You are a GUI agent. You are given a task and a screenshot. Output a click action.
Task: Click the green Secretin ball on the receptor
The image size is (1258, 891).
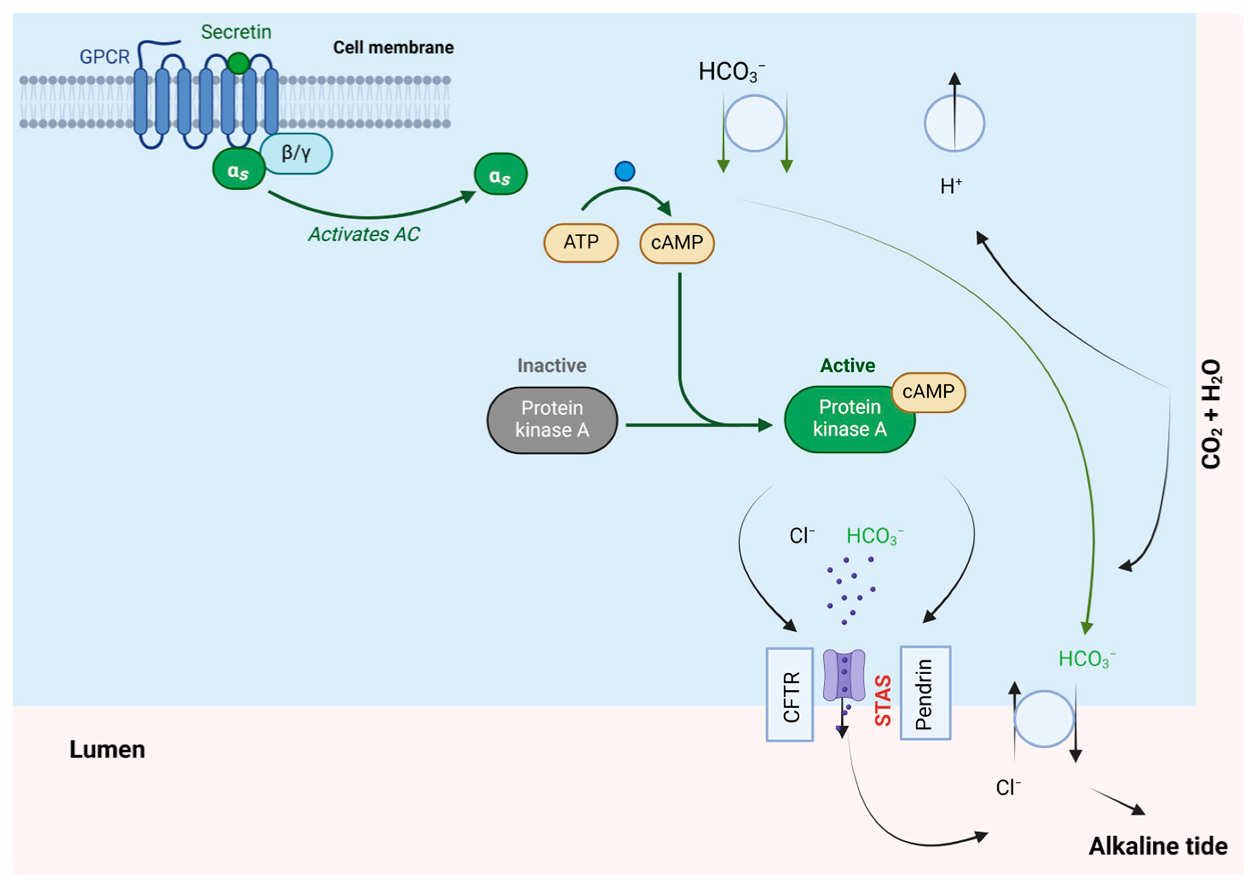point(238,63)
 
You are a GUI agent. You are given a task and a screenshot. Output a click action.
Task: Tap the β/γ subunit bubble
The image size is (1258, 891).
point(296,153)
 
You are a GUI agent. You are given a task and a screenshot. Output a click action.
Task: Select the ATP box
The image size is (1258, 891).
point(581,242)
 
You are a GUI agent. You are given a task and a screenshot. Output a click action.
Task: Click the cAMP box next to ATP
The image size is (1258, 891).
point(676,242)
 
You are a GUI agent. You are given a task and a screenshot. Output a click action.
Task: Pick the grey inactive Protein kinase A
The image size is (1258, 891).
point(552,419)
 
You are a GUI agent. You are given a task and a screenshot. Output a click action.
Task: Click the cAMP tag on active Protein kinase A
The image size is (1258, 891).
point(928,392)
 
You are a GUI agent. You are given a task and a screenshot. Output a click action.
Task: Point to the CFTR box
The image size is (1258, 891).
point(789,694)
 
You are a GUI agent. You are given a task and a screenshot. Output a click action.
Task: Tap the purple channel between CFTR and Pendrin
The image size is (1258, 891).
point(844,675)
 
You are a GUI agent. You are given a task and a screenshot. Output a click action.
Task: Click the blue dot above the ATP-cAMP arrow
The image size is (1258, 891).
point(624,171)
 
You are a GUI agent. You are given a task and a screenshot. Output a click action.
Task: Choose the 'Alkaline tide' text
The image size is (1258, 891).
point(1158,846)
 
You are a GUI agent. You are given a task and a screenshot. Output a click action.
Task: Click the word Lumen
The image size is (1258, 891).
point(107,750)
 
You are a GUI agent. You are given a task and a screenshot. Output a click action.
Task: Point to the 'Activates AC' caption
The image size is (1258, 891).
point(363,234)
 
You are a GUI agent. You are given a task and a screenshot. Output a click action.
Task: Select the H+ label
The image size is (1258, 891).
point(951,187)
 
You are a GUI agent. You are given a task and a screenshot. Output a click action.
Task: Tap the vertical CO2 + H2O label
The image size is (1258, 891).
point(1211,414)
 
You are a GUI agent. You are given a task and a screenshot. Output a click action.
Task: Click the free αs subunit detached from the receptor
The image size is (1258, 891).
point(500,174)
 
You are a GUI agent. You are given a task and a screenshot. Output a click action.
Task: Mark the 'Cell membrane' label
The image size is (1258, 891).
point(393,48)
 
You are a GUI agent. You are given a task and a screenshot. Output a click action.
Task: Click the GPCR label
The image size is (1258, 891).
point(104,56)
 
